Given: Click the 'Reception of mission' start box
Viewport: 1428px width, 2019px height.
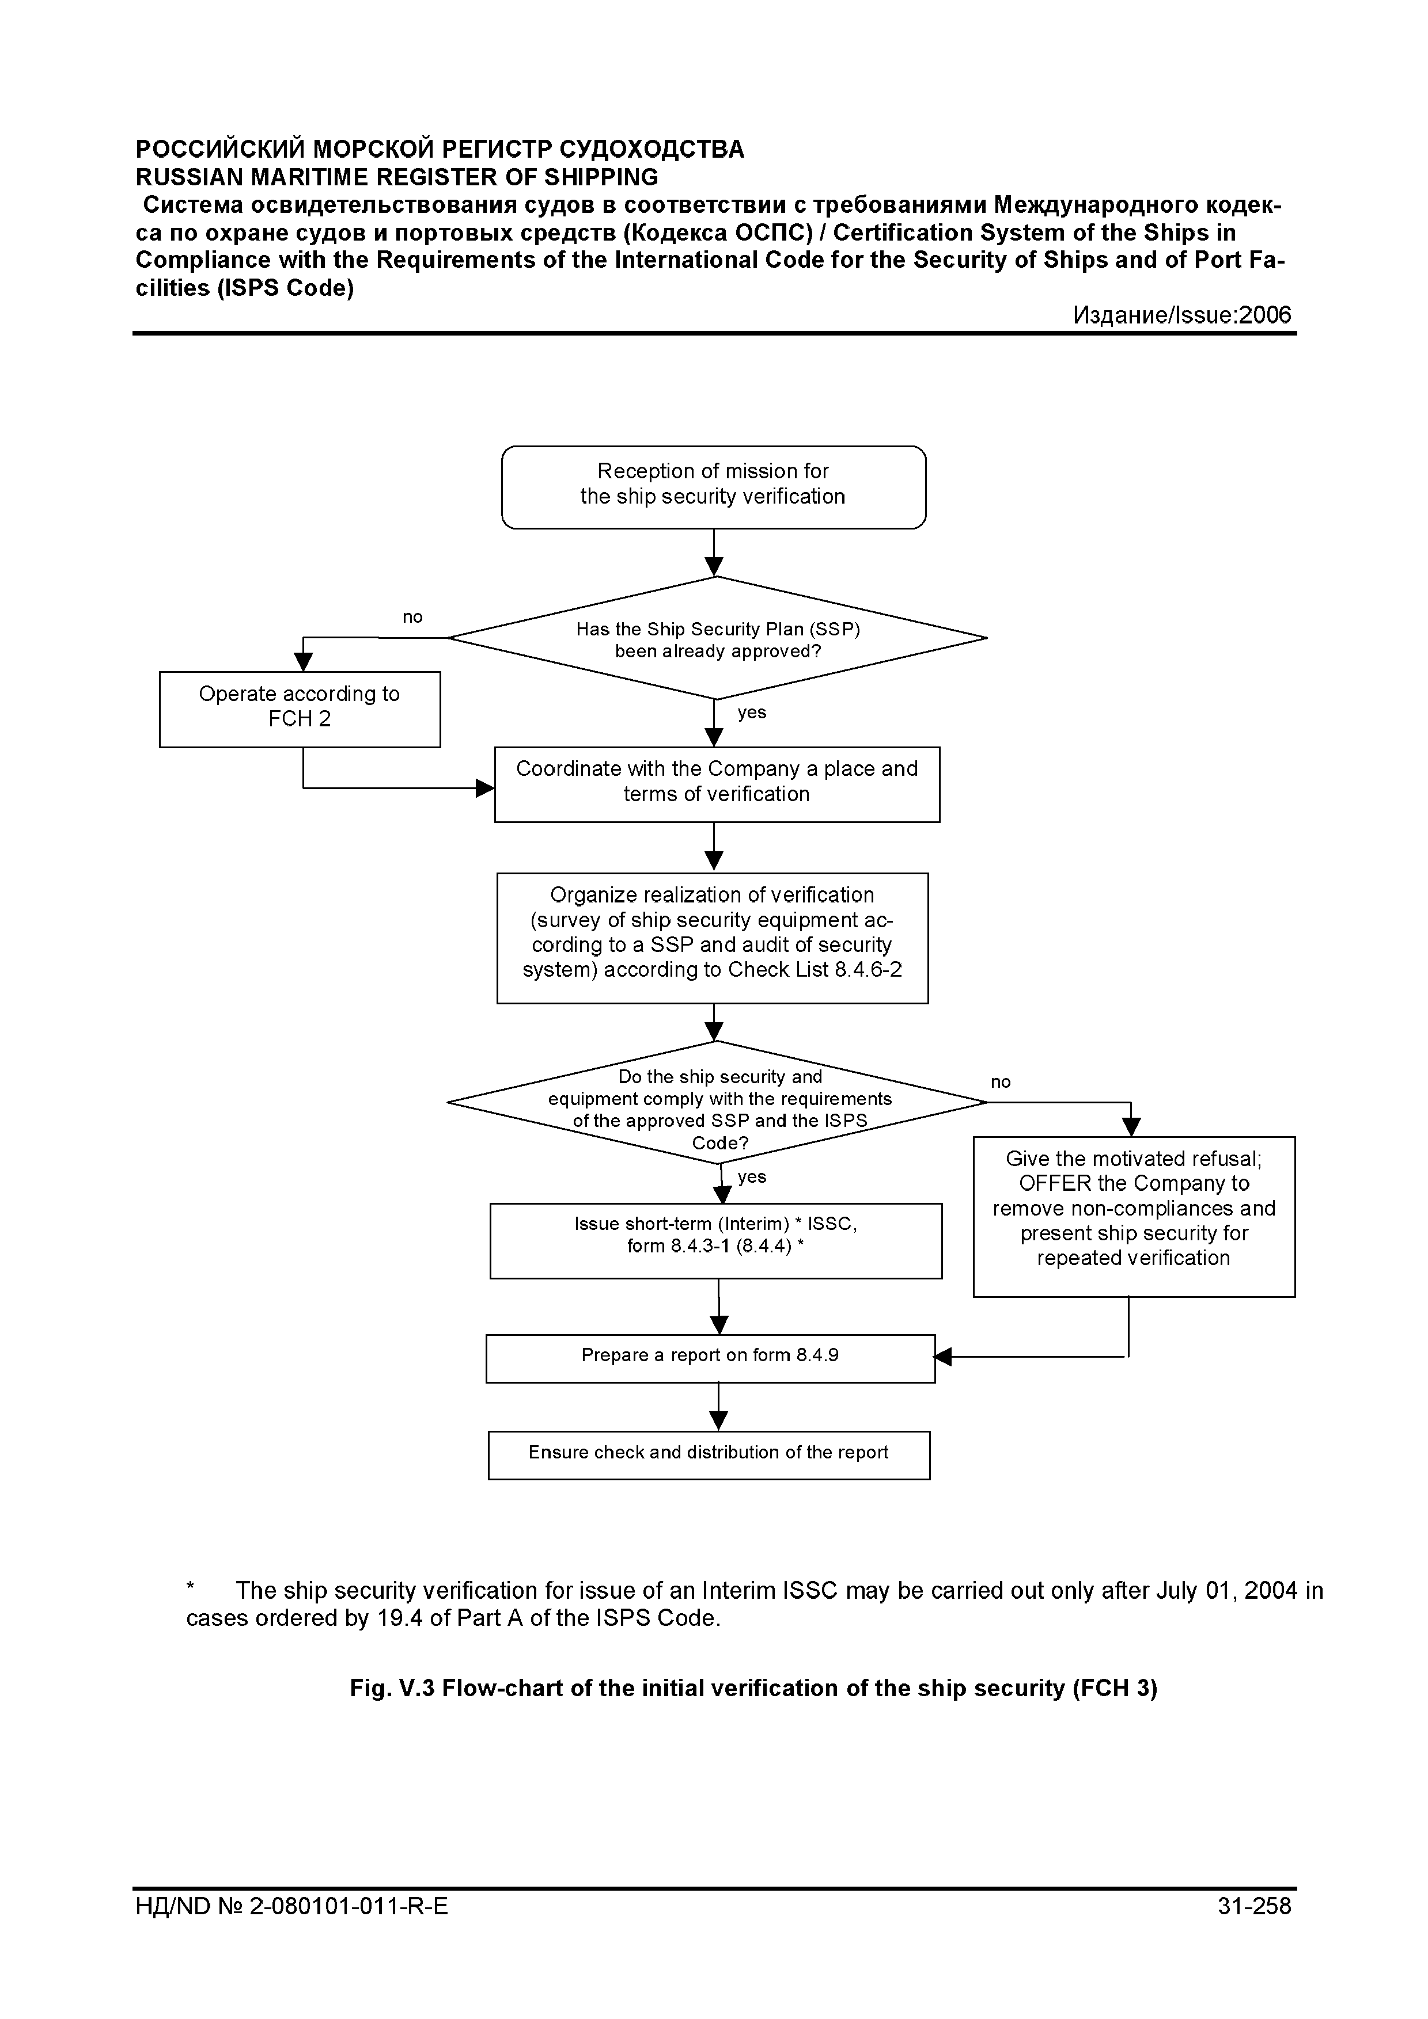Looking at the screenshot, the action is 714,487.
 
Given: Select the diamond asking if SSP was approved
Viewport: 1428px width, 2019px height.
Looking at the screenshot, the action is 717,638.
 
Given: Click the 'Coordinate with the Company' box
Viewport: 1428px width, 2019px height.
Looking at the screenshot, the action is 717,784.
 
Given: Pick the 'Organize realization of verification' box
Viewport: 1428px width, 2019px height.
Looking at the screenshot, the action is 713,938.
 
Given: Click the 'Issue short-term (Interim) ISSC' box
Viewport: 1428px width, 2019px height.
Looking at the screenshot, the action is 716,1241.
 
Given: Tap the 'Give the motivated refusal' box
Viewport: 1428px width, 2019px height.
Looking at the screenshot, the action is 1134,1217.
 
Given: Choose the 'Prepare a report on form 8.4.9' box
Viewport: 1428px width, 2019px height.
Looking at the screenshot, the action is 711,1359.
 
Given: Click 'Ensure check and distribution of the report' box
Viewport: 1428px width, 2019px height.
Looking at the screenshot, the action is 709,1456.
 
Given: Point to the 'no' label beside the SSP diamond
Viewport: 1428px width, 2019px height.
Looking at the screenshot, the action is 412,618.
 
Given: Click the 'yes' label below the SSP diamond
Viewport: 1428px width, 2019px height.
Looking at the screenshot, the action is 752,713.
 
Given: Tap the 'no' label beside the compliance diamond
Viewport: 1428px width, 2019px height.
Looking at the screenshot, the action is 1001,1083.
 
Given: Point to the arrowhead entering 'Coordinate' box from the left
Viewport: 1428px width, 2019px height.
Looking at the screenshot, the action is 485,788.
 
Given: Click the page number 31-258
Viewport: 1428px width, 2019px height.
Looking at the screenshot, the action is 1255,1930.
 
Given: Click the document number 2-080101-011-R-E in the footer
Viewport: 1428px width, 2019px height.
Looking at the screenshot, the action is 349,1930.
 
